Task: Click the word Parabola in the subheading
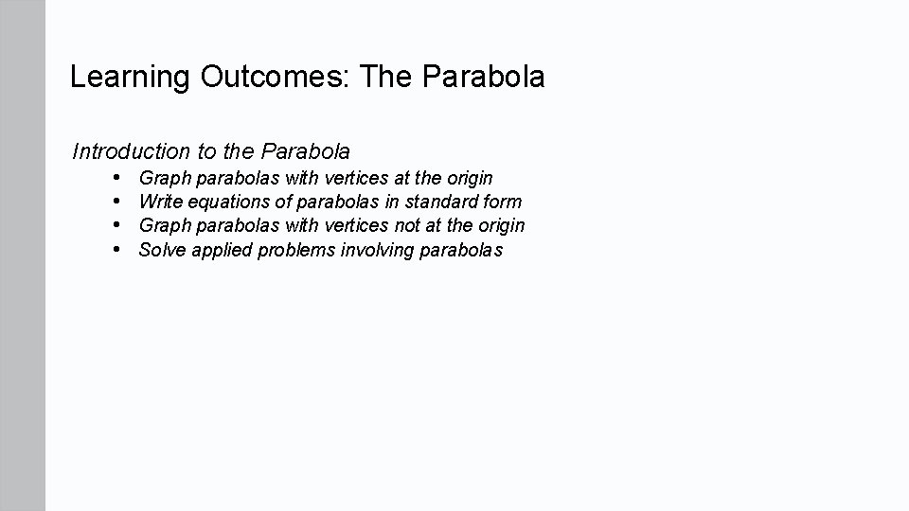(x=305, y=151)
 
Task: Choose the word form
(x=502, y=202)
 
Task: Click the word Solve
(x=162, y=250)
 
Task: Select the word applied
(x=220, y=251)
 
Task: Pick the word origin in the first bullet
(x=468, y=178)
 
